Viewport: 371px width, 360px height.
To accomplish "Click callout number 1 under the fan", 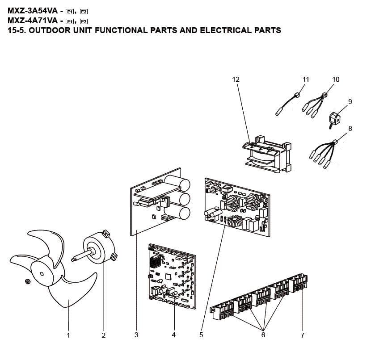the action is point(68,335).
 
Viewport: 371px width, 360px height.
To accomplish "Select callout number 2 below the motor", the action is point(103,335).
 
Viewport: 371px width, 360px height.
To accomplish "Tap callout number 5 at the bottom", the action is point(201,335).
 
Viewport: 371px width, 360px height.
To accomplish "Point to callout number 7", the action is point(302,335).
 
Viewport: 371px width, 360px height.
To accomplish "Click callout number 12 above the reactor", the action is point(236,80).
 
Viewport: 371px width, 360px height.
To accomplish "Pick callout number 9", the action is point(350,102).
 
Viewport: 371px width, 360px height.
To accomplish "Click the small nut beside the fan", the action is point(27,281).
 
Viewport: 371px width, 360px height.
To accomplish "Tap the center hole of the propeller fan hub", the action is point(42,274).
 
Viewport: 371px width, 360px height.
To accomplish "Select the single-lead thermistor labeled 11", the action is point(287,104).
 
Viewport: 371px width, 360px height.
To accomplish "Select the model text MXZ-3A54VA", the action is point(33,11).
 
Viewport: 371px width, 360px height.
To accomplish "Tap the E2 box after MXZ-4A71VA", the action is point(84,21).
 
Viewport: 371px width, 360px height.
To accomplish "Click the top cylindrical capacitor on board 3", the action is point(177,183).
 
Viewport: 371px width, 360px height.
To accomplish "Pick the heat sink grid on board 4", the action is point(156,262).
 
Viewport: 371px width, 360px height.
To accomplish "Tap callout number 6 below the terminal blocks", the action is point(263,335).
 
